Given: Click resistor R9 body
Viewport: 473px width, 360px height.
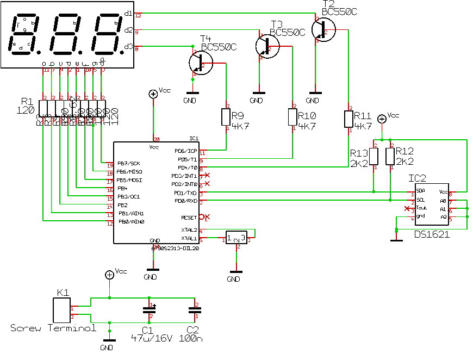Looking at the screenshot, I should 227,117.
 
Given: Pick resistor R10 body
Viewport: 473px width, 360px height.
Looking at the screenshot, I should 294,117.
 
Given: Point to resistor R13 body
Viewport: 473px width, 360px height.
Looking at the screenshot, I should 374,156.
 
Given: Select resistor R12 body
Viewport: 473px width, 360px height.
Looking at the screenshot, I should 390,156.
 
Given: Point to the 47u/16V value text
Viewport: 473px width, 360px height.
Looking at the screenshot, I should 152,338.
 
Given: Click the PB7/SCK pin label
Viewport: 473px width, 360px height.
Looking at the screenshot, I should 128,164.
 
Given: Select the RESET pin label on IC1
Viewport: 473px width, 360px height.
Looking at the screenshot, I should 189,217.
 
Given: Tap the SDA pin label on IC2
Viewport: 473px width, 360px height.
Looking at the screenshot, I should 421,191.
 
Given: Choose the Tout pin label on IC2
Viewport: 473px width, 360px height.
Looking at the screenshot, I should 421,208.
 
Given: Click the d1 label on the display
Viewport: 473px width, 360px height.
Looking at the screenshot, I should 128,13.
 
